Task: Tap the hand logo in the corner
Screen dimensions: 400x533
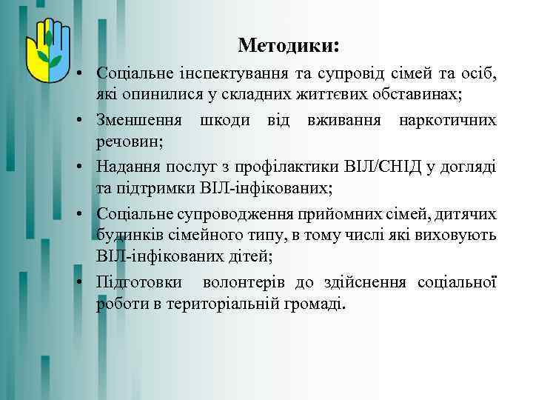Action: pyautogui.click(x=47, y=53)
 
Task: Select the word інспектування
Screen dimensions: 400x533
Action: pyautogui.click(x=218, y=75)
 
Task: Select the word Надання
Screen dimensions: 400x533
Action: pyautogui.click(x=126, y=165)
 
